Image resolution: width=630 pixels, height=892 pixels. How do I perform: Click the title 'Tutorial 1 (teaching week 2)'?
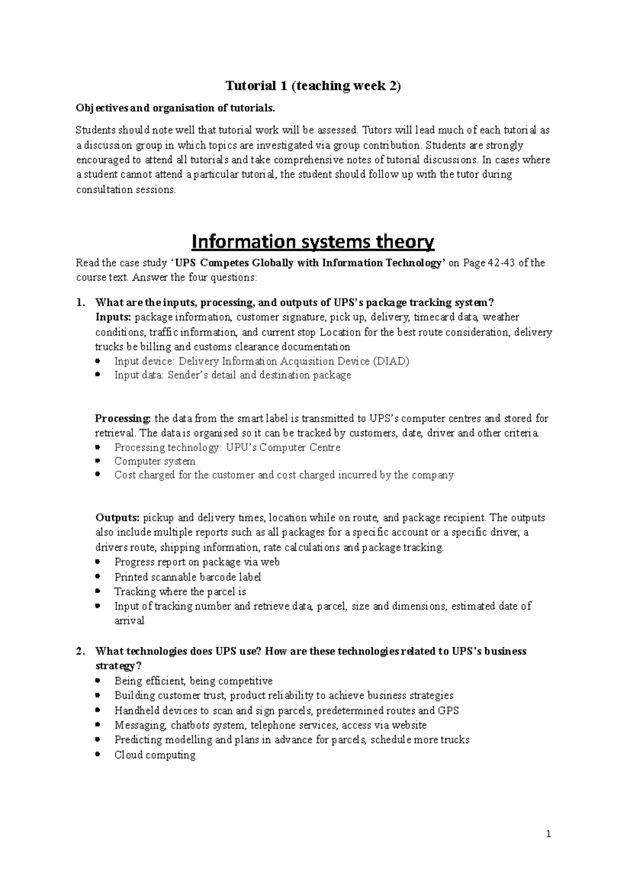pyautogui.click(x=313, y=86)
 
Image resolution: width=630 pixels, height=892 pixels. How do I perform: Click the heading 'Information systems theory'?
pyautogui.click(x=313, y=242)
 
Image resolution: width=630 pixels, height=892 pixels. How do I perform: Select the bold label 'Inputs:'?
pyautogui.click(x=113, y=317)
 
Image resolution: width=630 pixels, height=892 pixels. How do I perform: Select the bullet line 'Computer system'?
pyautogui.click(x=155, y=461)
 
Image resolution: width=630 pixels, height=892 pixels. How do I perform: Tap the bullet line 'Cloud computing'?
pyautogui.click(x=155, y=755)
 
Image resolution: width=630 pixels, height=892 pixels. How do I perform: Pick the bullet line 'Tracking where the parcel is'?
pyautogui.click(x=180, y=592)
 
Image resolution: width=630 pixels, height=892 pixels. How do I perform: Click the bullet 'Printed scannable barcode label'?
pyautogui.click(x=187, y=577)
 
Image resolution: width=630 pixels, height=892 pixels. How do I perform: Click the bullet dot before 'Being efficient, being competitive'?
pyautogui.click(x=99, y=681)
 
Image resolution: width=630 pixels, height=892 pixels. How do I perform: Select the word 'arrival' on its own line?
pyautogui.click(x=129, y=621)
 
